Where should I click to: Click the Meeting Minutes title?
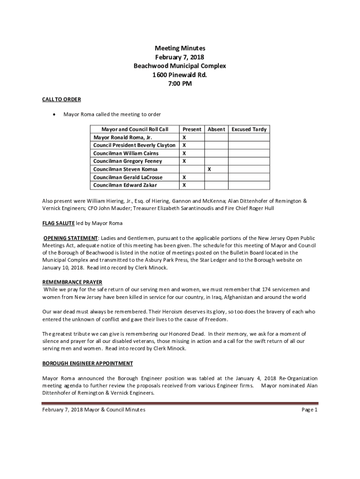click(x=180, y=48)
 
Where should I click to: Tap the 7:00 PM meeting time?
click(x=180, y=84)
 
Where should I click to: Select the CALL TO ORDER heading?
click(x=62, y=99)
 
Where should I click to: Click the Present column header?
click(x=192, y=129)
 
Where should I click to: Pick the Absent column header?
click(x=216, y=129)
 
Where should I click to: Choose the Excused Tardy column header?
click(x=249, y=129)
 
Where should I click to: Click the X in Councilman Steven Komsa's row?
click(x=209, y=169)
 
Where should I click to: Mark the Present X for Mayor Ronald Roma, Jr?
click(x=184, y=138)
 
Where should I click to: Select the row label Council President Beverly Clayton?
click(x=135, y=145)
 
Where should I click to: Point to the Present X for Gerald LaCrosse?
click(x=184, y=177)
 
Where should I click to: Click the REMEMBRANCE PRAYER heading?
click(x=72, y=282)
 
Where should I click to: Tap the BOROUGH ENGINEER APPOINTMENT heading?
click(x=88, y=363)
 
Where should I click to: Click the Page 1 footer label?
click(x=310, y=410)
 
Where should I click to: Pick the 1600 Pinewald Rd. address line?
click(x=180, y=75)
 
